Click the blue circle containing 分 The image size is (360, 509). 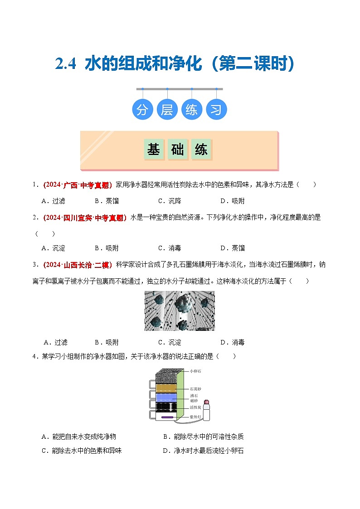click(x=142, y=110)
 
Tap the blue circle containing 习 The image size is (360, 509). click(x=216, y=110)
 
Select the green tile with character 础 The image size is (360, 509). click(x=178, y=150)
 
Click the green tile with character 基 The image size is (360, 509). click(x=154, y=150)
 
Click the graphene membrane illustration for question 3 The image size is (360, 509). click(x=179, y=311)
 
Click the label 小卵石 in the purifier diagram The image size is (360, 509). click(x=195, y=371)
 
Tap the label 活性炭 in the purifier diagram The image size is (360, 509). click(x=195, y=408)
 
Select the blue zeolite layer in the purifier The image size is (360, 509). click(x=168, y=397)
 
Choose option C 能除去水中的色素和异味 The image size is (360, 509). click(x=82, y=451)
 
